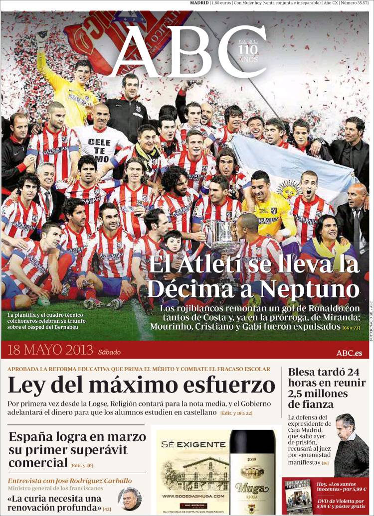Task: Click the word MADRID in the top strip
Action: click(199, 3)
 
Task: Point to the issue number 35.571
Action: click(358, 3)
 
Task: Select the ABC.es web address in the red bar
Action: click(349, 353)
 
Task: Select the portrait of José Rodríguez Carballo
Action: click(129, 499)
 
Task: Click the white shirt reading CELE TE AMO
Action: click(99, 149)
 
